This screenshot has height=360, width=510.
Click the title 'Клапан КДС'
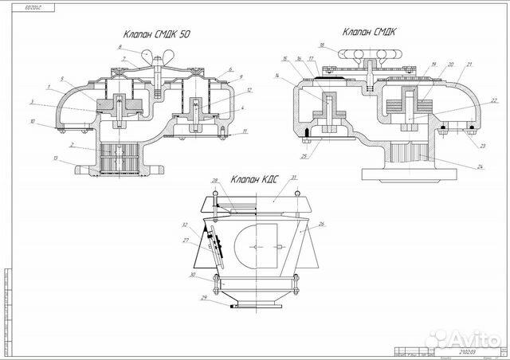253,179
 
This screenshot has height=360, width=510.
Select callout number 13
56,159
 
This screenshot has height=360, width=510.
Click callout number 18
322,45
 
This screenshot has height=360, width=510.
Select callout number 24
481,166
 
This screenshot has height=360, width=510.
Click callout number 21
471,65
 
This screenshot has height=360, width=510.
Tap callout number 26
322,224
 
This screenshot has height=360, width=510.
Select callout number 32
184,225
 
